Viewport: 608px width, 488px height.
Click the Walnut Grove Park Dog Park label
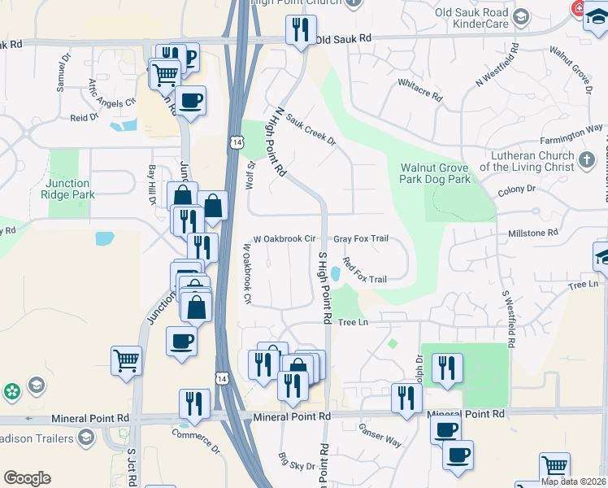[435, 173]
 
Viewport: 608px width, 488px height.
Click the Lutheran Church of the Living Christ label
[527, 161]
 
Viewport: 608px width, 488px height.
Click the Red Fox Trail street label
[364, 271]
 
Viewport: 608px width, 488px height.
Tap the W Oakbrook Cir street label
[284, 239]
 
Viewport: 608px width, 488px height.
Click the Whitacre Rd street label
[419, 90]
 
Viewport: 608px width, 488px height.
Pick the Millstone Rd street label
[532, 232]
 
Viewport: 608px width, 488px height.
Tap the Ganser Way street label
[381, 438]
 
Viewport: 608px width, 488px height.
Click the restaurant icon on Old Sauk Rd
[301, 31]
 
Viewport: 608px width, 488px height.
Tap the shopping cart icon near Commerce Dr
[127, 361]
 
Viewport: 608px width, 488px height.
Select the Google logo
[28, 478]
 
